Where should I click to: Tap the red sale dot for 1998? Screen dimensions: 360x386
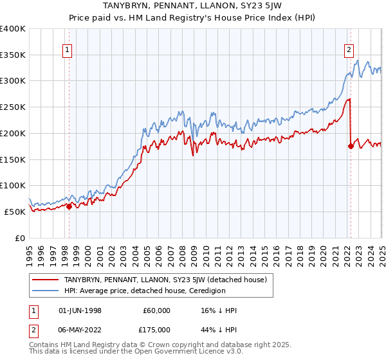69,206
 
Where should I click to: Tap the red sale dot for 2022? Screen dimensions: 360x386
351,146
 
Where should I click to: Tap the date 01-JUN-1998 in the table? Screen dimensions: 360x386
76,310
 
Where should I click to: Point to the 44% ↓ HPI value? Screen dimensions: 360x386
219,330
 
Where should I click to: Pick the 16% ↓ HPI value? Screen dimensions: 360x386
219,310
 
